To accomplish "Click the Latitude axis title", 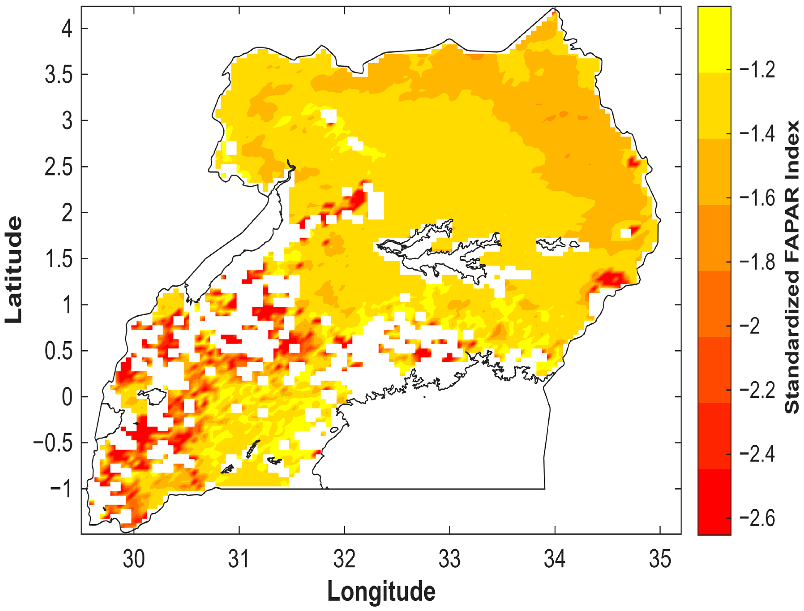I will tap(14, 270).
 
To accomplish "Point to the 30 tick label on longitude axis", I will tap(134, 559).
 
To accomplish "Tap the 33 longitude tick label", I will tap(450, 559).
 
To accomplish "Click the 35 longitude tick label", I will tap(660, 559).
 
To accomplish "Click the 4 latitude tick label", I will tap(67, 28).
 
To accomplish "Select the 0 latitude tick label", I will tap(67, 397).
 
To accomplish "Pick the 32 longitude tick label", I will tap(344, 559).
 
